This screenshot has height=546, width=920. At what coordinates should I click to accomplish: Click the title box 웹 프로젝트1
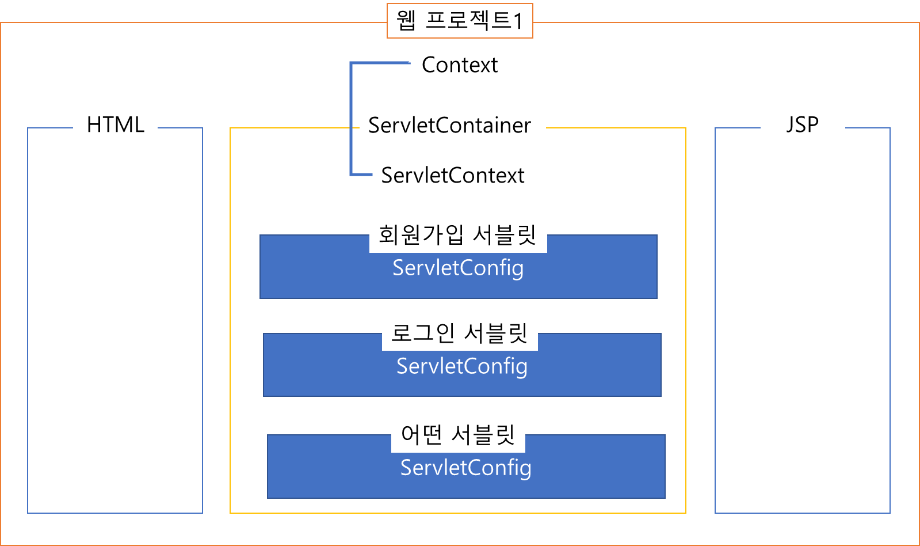coord(460,21)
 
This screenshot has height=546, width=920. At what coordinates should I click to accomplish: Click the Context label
coord(460,65)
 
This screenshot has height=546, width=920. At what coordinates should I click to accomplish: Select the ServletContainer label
coord(449,126)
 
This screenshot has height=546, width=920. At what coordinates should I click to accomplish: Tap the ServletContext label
coord(453,176)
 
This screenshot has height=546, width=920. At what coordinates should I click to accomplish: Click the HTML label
coord(115,125)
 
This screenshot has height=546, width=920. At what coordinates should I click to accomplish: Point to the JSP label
coord(802,125)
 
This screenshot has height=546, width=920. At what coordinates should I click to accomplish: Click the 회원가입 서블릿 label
coord(457,235)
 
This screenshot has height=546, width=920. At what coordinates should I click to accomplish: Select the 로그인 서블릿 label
coord(459,333)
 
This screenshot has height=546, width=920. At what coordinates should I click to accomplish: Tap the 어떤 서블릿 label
coord(457,435)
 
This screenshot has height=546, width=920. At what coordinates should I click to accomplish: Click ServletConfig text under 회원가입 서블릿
coord(458,268)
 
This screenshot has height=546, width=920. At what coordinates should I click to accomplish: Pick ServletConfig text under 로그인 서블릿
coord(462,367)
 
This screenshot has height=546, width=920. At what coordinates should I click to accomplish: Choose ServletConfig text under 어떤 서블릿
coord(466,468)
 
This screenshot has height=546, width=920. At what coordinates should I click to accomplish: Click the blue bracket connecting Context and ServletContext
coord(352,118)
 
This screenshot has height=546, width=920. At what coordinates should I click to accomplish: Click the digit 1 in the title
coord(518,22)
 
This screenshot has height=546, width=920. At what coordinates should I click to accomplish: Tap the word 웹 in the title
coord(406,21)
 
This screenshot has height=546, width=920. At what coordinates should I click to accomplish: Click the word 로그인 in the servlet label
coord(423,333)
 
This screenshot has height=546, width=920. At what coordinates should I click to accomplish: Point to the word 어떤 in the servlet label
coord(422,435)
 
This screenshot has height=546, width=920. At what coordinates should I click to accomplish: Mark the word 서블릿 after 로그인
coord(495,333)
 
